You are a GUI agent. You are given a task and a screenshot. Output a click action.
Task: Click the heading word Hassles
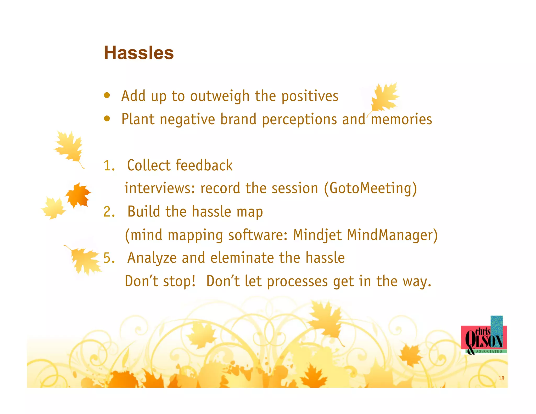coord(139,53)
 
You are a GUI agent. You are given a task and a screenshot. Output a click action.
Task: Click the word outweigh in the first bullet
coord(220,96)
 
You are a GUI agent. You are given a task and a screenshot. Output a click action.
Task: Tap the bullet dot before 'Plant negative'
coord(107,119)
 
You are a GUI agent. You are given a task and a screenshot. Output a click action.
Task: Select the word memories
coord(401,119)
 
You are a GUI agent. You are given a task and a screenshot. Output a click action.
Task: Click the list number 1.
coord(109,166)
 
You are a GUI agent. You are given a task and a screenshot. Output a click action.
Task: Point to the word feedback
coord(204,165)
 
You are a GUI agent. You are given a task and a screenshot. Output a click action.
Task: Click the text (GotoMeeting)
coord(370,188)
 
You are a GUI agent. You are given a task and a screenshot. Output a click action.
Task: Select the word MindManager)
coord(392,235)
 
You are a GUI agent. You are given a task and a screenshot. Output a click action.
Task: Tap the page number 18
coord(501,378)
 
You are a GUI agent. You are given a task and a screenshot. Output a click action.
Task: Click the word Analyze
coord(152,258)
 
